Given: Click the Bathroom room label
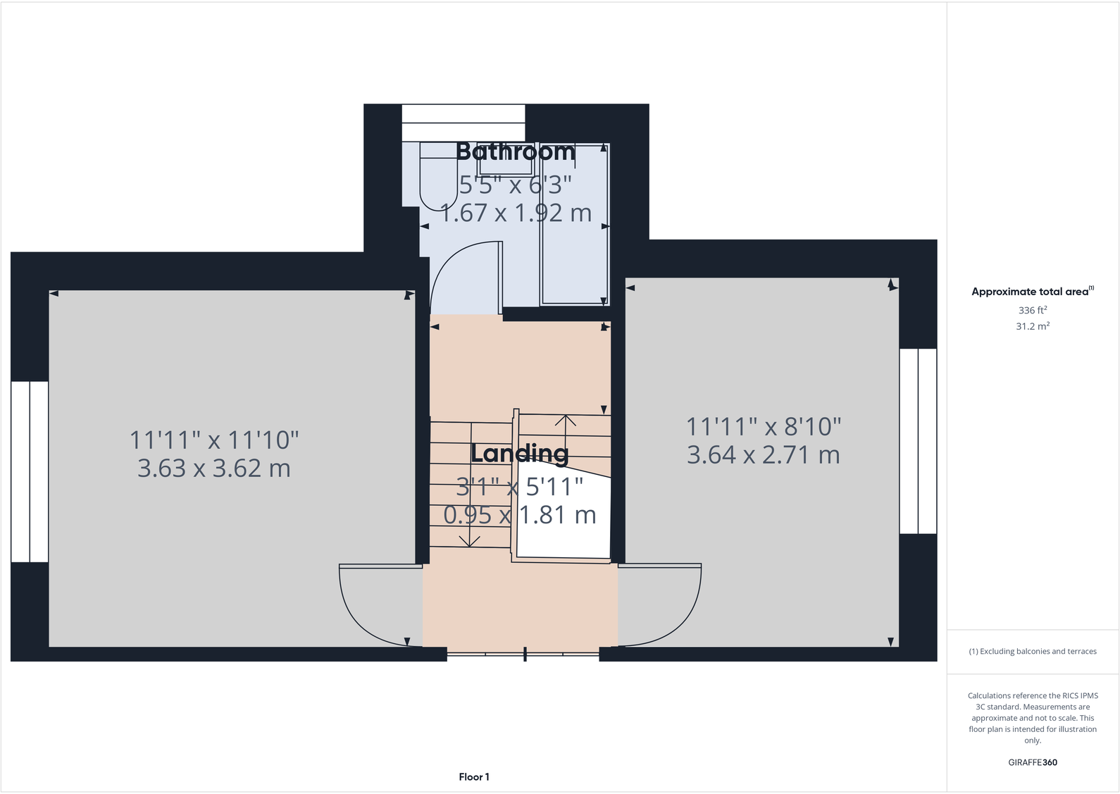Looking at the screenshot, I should click(515, 151).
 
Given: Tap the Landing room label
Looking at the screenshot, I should click(519, 453).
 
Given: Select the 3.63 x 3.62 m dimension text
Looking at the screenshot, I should click(214, 469).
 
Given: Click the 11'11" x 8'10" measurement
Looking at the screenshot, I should click(764, 427).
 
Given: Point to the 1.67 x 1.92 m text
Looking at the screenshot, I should click(516, 213).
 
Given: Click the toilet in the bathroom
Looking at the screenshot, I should click(438, 176).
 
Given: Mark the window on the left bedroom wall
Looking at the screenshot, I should click(30, 471).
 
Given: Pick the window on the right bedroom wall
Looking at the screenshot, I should click(918, 441).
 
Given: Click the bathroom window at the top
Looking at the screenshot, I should click(463, 123).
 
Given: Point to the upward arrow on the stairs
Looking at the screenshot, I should click(565, 423).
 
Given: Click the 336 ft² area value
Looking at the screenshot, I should click(1033, 311).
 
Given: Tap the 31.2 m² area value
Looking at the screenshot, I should click(1033, 326).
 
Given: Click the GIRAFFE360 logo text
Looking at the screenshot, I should click(1033, 762).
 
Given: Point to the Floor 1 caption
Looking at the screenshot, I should click(474, 777).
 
